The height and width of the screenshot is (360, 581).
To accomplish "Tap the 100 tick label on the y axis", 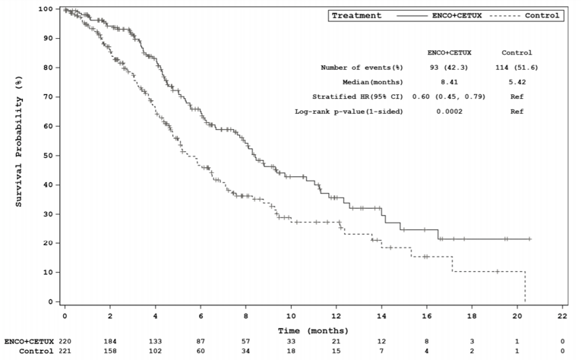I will tap(46, 9).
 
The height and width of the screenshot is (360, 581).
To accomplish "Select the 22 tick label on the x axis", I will tap(563, 315).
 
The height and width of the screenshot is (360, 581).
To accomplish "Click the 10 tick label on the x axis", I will tap(291, 315).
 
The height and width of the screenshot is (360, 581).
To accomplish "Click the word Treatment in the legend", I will tap(357, 15).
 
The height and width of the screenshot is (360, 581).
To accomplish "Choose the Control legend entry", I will tap(542, 15).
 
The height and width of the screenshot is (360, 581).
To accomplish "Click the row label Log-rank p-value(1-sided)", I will tap(349, 112).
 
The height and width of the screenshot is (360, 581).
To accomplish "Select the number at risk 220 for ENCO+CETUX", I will tap(65, 343).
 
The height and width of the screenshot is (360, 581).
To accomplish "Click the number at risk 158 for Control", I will tap(110, 352).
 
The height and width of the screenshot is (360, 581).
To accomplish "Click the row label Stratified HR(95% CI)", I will tap(358, 97).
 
